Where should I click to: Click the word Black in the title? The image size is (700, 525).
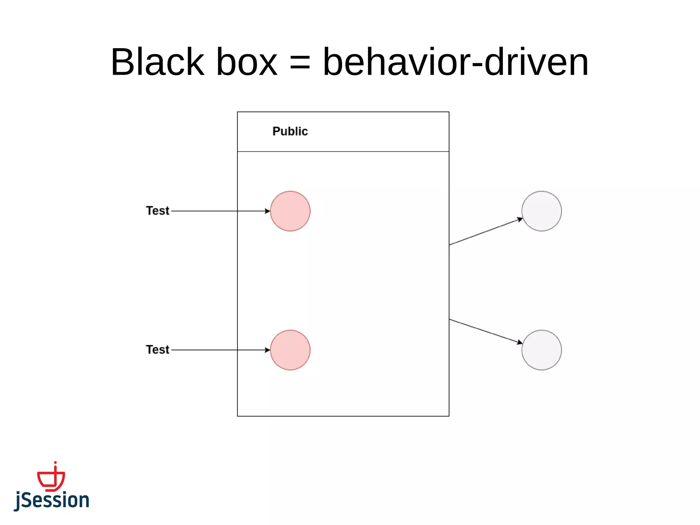(157, 62)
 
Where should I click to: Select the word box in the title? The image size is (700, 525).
(247, 62)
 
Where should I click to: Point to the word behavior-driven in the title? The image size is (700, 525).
(456, 62)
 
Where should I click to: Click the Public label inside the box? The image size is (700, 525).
(290, 131)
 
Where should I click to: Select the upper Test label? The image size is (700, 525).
(158, 211)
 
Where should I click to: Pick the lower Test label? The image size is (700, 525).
(158, 350)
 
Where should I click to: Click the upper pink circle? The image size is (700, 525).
(290, 211)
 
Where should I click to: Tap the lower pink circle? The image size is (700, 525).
(290, 350)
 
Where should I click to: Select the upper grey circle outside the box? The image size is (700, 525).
(541, 211)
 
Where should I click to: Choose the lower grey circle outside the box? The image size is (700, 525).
(541, 350)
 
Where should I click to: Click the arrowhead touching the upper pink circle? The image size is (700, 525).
(268, 211)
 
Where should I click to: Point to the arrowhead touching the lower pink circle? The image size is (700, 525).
(268, 350)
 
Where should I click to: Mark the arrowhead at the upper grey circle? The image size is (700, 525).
(520, 219)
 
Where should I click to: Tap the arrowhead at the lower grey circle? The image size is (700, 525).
(520, 342)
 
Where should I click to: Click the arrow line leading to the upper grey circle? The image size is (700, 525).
(485, 232)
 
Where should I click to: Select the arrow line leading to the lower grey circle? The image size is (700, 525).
(485, 331)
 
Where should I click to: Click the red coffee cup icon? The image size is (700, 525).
(51, 478)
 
